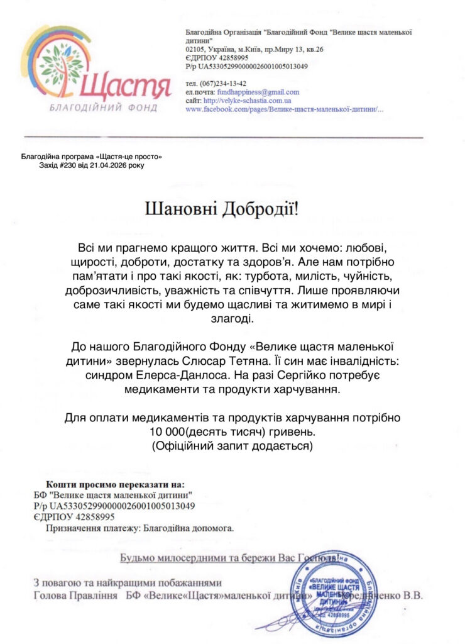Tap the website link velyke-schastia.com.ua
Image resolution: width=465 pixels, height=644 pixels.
(x=247, y=100)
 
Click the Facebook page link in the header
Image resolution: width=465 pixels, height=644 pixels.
(x=285, y=109)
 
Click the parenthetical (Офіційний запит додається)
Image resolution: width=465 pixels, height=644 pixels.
(x=232, y=447)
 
